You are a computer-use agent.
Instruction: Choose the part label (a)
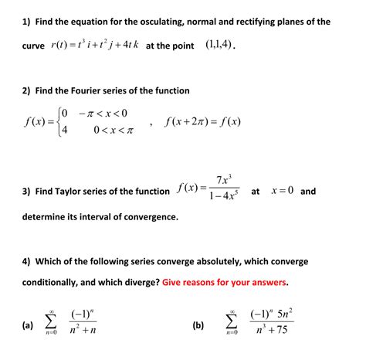[x=28, y=325]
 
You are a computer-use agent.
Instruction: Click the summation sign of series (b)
[x=231, y=324]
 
